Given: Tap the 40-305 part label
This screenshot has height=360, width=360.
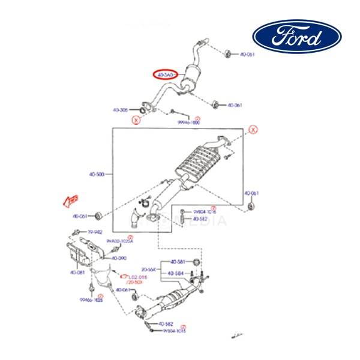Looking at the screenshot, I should click(121, 110).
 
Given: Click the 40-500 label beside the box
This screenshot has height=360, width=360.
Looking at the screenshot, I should click(97, 175).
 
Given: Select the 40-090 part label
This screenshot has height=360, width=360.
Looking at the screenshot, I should click(118, 258).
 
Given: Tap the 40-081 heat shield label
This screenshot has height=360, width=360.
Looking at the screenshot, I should click(76, 272).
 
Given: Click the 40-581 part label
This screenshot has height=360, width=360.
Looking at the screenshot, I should click(176, 262).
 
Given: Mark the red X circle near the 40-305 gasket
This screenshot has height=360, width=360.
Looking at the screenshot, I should click(136, 120).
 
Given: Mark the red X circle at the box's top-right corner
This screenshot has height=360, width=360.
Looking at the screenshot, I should click(253, 130).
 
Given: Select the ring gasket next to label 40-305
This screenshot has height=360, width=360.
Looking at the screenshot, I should click(142, 109).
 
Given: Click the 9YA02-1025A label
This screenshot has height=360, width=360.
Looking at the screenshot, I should click(119, 241).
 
